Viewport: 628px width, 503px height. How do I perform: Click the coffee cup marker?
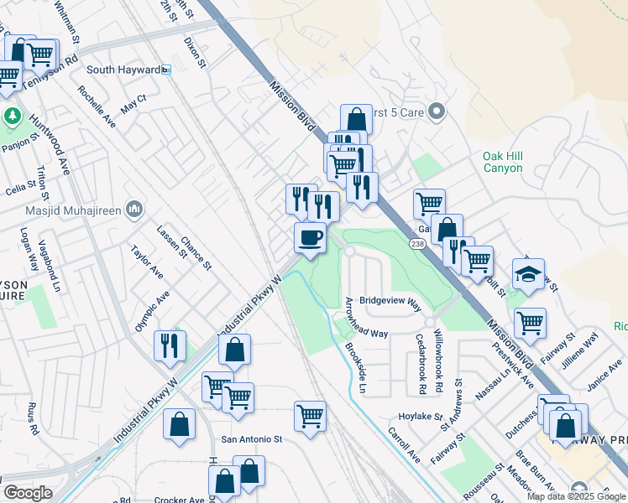310,238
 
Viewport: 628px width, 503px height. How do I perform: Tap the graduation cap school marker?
529,274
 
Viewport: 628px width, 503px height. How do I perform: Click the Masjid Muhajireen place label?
74,208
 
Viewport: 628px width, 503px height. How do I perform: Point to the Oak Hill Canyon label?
503,162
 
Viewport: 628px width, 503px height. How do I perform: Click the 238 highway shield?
417,243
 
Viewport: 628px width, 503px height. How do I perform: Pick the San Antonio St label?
252,438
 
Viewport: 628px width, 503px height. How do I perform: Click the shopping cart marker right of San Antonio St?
311,416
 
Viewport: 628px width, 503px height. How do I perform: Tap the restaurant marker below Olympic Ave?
170,345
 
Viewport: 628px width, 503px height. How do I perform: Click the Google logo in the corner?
28,493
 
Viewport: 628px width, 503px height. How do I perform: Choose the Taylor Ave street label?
145,261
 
